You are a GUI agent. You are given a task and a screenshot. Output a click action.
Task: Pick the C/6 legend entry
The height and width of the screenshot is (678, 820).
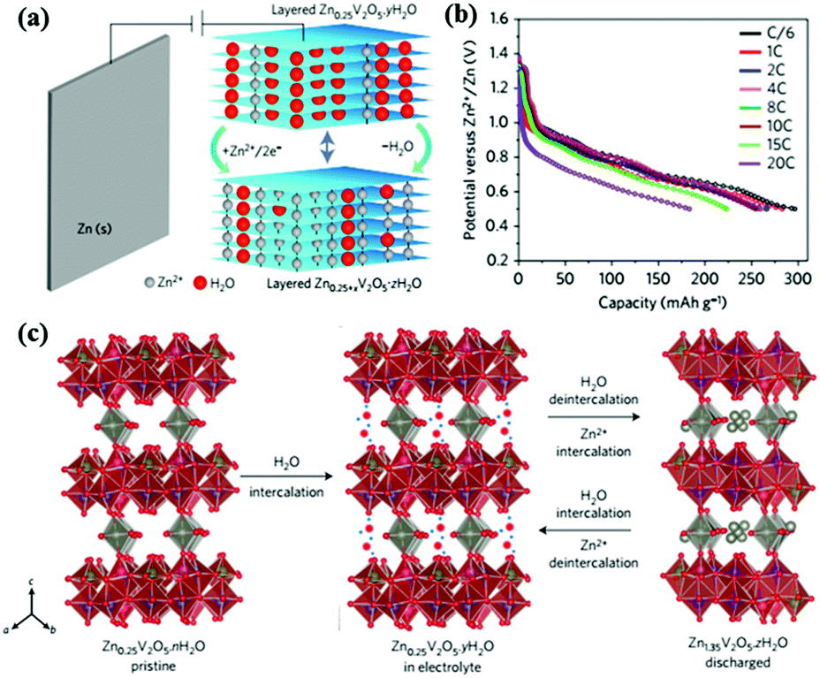pyautogui.click(x=771, y=36)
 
